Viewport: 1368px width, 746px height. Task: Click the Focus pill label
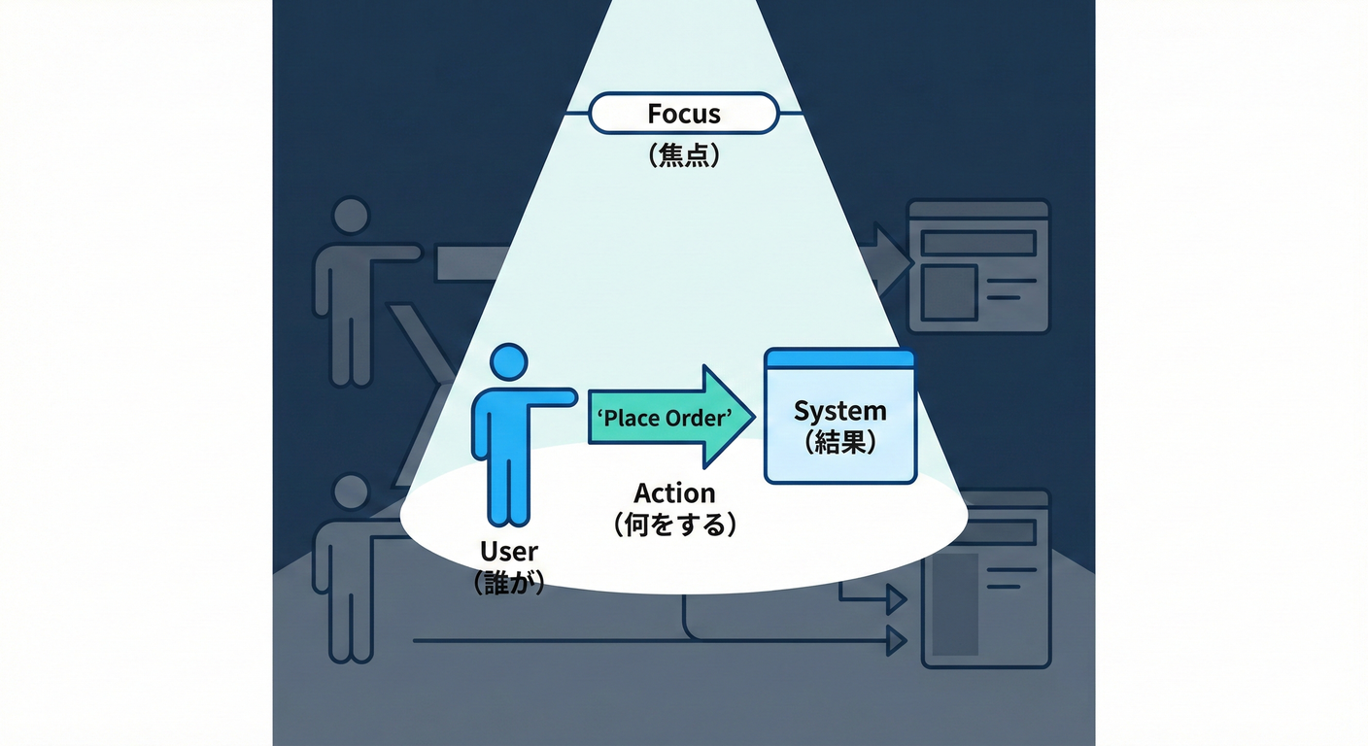pos(684,114)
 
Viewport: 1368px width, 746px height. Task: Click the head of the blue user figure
pos(507,361)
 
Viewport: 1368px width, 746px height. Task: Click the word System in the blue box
pos(839,411)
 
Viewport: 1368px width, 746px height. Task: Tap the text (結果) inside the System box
pos(839,443)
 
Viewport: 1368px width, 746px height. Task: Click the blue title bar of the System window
pos(839,358)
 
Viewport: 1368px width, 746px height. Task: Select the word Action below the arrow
pos(674,492)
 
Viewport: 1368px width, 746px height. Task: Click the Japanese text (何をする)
pos(674,526)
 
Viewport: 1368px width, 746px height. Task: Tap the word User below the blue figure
pos(509,552)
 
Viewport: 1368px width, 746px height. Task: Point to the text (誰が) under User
pos(509,583)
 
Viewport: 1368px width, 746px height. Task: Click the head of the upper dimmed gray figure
pos(350,216)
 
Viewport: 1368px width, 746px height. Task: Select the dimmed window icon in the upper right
pos(977,266)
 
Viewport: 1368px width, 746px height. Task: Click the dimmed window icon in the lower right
pos(985,579)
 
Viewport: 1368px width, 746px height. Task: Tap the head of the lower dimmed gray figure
pos(350,492)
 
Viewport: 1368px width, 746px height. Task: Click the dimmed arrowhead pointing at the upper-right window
pos(892,258)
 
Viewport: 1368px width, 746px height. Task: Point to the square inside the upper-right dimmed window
pos(948,291)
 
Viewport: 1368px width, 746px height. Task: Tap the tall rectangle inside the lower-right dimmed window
pos(955,602)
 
